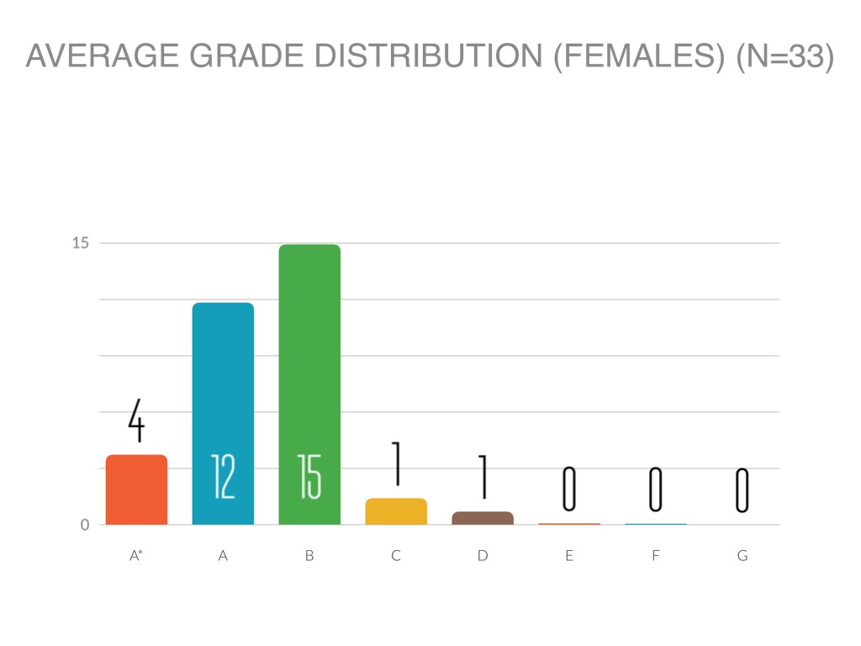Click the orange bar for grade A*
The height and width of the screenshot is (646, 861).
pyautogui.click(x=136, y=490)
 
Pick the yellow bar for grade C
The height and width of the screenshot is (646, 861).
pyautogui.click(x=396, y=511)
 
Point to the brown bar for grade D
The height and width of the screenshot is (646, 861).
pyautogui.click(x=483, y=518)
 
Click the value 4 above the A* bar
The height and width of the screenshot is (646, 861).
pyautogui.click(x=136, y=421)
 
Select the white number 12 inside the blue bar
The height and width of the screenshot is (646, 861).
pyautogui.click(x=223, y=478)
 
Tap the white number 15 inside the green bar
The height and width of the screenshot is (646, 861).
pyautogui.click(x=309, y=478)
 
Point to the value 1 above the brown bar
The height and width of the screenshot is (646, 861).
pyautogui.click(x=483, y=477)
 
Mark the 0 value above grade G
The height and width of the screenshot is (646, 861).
pyautogui.click(x=742, y=490)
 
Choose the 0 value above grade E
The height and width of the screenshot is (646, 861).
pyautogui.click(x=569, y=490)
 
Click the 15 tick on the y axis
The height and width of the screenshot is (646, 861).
pyautogui.click(x=81, y=244)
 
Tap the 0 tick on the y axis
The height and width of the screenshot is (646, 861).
pyautogui.click(x=85, y=525)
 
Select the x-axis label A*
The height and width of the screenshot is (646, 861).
pyautogui.click(x=136, y=556)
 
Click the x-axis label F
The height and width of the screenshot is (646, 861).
pyautogui.click(x=655, y=556)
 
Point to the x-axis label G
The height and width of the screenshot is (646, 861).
pyautogui.click(x=742, y=556)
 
